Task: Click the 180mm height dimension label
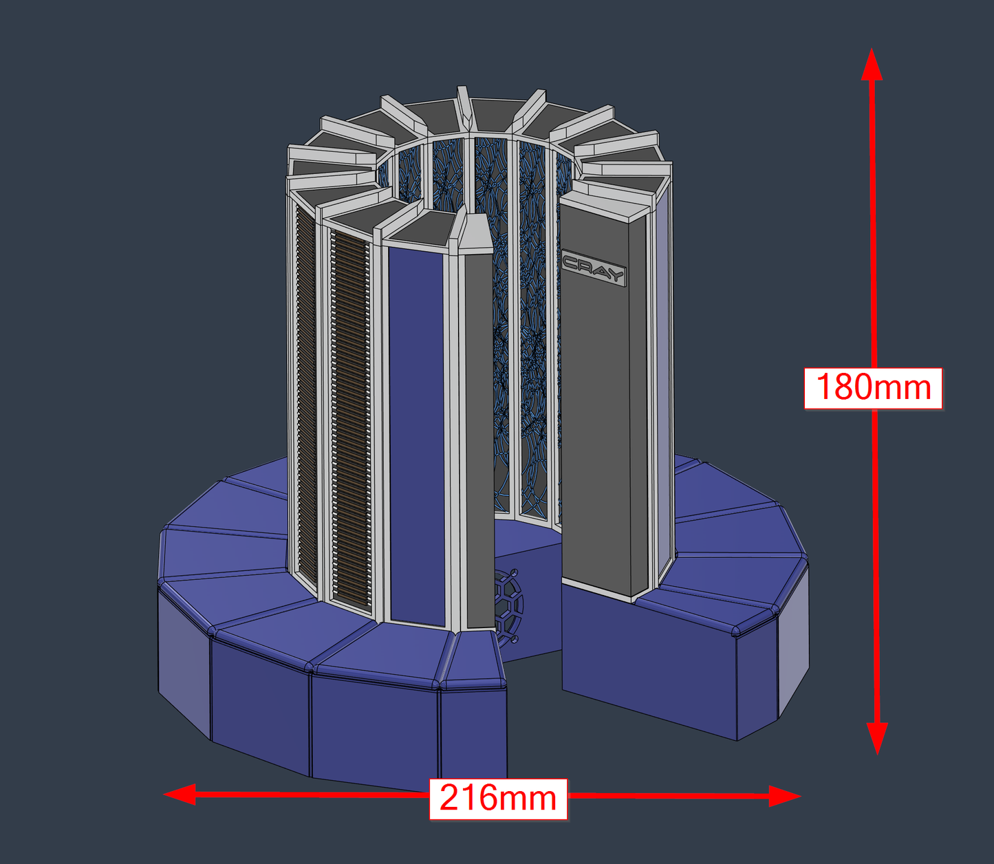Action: (x=873, y=388)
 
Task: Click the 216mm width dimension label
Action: (x=498, y=799)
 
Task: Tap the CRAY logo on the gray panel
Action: (x=593, y=269)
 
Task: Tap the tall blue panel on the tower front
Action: (x=417, y=433)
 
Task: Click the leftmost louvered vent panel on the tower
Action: (x=306, y=399)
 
